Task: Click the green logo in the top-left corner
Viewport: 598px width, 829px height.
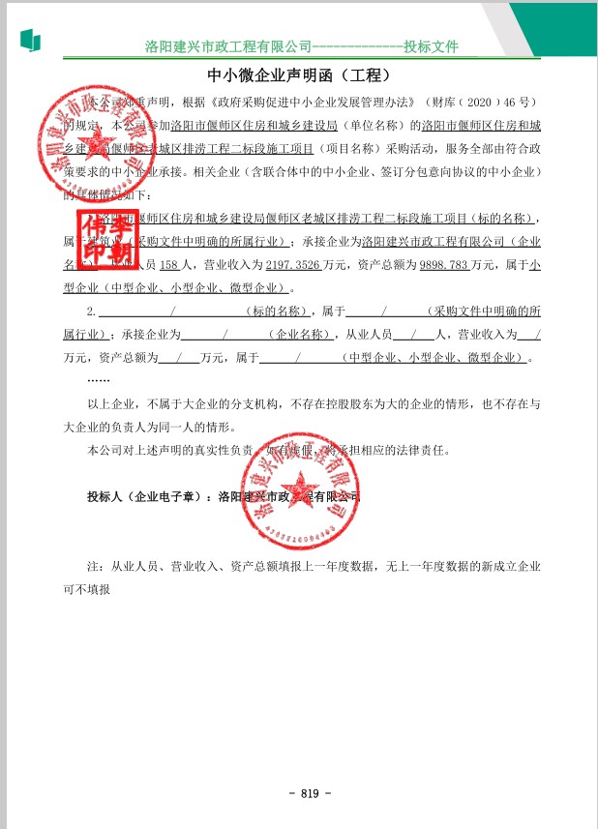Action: click(x=30, y=40)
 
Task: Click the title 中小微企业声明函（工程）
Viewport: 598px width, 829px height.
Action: click(x=299, y=75)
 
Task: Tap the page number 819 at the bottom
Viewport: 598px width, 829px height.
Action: click(x=310, y=793)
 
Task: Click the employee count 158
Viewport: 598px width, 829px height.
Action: click(x=168, y=263)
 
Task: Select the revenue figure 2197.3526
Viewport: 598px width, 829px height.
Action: click(x=289, y=263)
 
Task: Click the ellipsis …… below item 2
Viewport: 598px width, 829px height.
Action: click(x=99, y=379)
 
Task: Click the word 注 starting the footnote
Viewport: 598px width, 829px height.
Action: click(x=94, y=565)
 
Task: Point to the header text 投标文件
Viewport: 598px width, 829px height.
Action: click(x=431, y=46)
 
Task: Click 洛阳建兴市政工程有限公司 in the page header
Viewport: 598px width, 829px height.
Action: click(x=228, y=46)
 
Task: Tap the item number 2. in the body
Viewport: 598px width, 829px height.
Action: click(x=92, y=311)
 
